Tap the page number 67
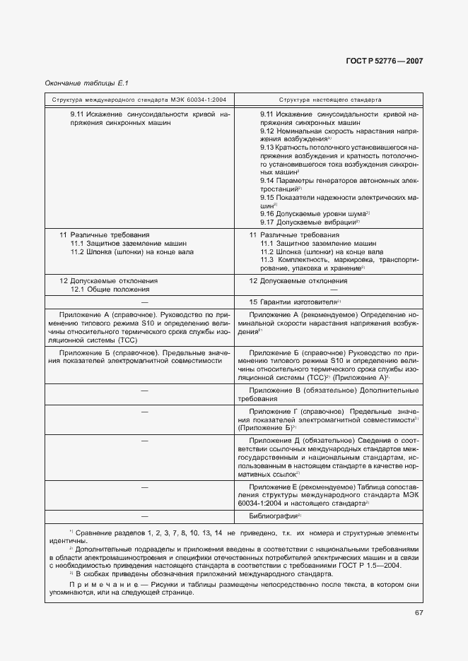419,612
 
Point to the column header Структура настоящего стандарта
330,100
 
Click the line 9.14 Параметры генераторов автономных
328,180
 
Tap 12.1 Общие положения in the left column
110,289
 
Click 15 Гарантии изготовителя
290,302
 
